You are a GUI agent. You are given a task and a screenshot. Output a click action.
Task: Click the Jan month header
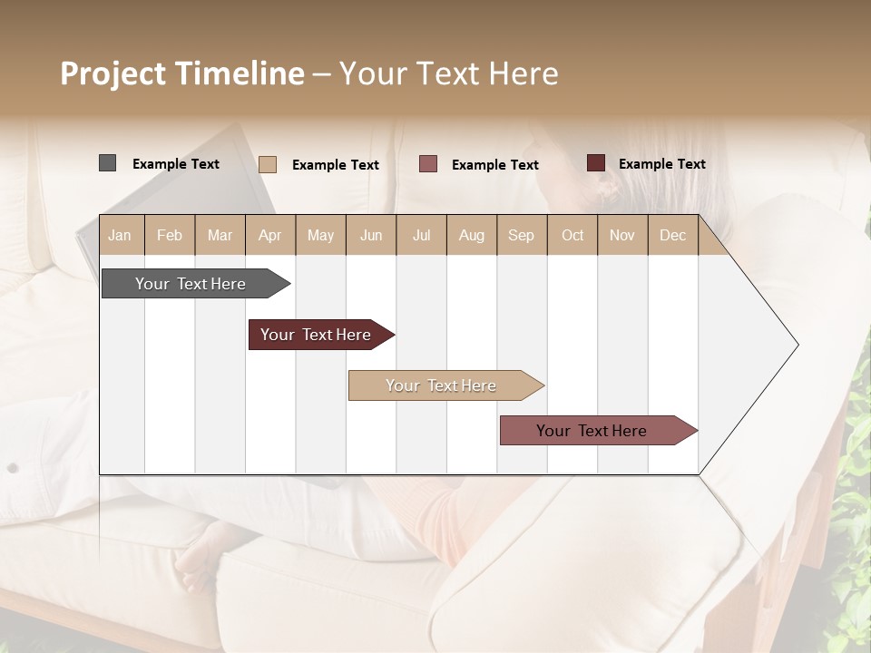tap(120, 236)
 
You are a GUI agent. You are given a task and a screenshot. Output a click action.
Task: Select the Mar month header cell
tap(220, 236)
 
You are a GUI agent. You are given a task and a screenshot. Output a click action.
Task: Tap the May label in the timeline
tap(320, 236)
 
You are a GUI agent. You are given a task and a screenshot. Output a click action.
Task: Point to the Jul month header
tap(421, 236)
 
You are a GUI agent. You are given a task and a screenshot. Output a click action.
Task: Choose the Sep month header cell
tap(521, 236)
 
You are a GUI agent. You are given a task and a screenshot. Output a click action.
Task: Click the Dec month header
tap(672, 236)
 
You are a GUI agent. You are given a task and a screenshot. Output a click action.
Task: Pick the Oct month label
tap(573, 236)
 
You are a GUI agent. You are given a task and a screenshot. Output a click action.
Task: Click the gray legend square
tap(108, 163)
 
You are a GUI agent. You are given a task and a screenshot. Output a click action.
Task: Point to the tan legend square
tap(268, 164)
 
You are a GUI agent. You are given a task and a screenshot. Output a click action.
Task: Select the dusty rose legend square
tap(428, 164)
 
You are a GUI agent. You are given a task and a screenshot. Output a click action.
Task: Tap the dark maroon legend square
tap(595, 163)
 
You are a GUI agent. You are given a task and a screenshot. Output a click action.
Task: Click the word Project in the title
tap(113, 73)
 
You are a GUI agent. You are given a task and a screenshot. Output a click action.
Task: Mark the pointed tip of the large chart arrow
tap(797, 345)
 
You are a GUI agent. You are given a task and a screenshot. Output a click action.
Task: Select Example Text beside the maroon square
tap(661, 164)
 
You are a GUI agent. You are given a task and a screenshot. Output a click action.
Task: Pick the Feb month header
tap(170, 236)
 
